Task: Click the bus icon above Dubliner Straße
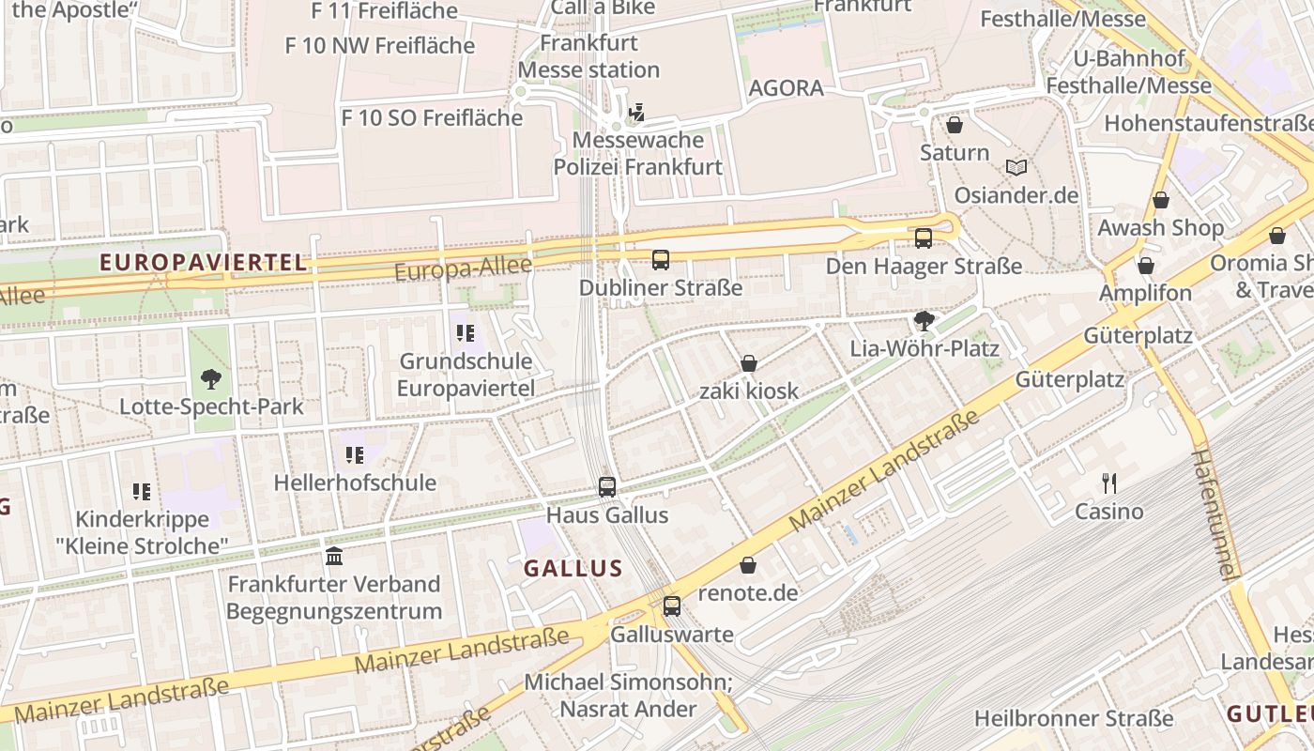click(x=661, y=259)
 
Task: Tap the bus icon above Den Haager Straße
click(x=924, y=238)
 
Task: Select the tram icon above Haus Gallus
click(x=607, y=486)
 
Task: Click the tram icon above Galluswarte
click(x=672, y=605)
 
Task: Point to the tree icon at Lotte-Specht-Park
click(x=211, y=379)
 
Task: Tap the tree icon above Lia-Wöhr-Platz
click(x=924, y=321)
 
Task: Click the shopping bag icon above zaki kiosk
click(x=749, y=362)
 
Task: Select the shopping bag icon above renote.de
click(x=748, y=565)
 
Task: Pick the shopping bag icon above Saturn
click(x=955, y=124)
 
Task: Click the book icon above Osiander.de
click(x=1016, y=167)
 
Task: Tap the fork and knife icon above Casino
click(x=1109, y=483)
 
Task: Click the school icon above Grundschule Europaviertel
click(x=466, y=332)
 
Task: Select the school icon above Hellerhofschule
click(x=355, y=455)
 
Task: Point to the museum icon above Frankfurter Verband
click(x=334, y=556)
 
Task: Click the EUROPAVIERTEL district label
click(x=204, y=263)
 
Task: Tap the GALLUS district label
click(x=573, y=568)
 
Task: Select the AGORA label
click(x=787, y=88)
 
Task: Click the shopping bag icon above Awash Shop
click(x=1161, y=200)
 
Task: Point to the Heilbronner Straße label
click(x=1074, y=718)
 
